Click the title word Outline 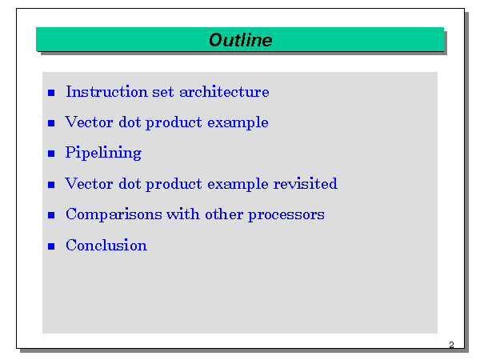[241, 40]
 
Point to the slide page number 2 [451, 345]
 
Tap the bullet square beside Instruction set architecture [51, 93]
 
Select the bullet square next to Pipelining [51, 154]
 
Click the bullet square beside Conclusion [51, 246]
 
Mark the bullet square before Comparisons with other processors [51, 215]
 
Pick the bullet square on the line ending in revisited [51, 185]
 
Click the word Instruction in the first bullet [107, 92]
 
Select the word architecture [224, 92]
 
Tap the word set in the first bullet [163, 93]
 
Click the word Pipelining [103, 153]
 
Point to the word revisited [306, 184]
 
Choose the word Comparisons [114, 214]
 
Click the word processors [286, 215]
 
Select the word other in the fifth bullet [224, 214]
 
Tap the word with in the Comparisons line [183, 214]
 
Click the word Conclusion [106, 246]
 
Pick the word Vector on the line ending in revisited [89, 184]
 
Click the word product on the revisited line [174, 184]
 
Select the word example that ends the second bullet [238, 123]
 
